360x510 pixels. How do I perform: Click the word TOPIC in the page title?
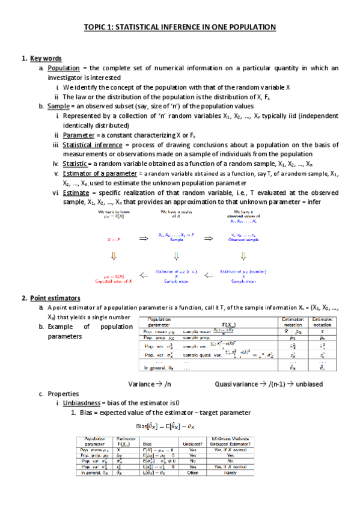point(95,27)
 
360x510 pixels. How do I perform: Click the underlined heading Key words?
point(46,58)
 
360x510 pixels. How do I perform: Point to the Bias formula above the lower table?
point(180,426)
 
